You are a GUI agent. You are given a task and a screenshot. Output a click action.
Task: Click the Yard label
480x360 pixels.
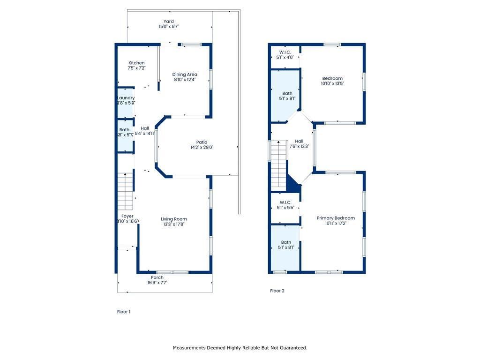tap(168, 21)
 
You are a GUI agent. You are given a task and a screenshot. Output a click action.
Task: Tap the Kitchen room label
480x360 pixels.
tap(136, 63)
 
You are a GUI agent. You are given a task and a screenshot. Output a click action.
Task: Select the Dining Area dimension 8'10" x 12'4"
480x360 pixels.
tap(185, 80)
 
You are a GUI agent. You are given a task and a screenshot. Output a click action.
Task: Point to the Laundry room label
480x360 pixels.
tap(126, 98)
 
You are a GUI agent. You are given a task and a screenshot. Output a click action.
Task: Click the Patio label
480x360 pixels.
tap(202, 142)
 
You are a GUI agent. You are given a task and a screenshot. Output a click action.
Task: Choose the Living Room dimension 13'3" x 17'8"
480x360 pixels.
tap(174, 225)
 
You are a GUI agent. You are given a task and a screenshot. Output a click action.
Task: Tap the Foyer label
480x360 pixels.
tap(127, 216)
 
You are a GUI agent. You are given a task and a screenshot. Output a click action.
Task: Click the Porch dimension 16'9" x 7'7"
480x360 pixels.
tap(157, 283)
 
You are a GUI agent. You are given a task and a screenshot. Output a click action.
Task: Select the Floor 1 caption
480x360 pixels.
tap(124, 311)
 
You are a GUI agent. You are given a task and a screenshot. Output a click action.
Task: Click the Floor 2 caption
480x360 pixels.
tap(277, 291)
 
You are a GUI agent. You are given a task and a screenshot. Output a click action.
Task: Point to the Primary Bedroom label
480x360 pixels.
tap(336, 218)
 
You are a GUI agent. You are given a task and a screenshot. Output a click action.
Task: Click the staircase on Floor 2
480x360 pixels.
tap(278, 164)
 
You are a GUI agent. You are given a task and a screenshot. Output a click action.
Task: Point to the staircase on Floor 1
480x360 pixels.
tap(126, 192)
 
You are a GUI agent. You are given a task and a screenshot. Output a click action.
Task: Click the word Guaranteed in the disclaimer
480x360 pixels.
tap(292, 348)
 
